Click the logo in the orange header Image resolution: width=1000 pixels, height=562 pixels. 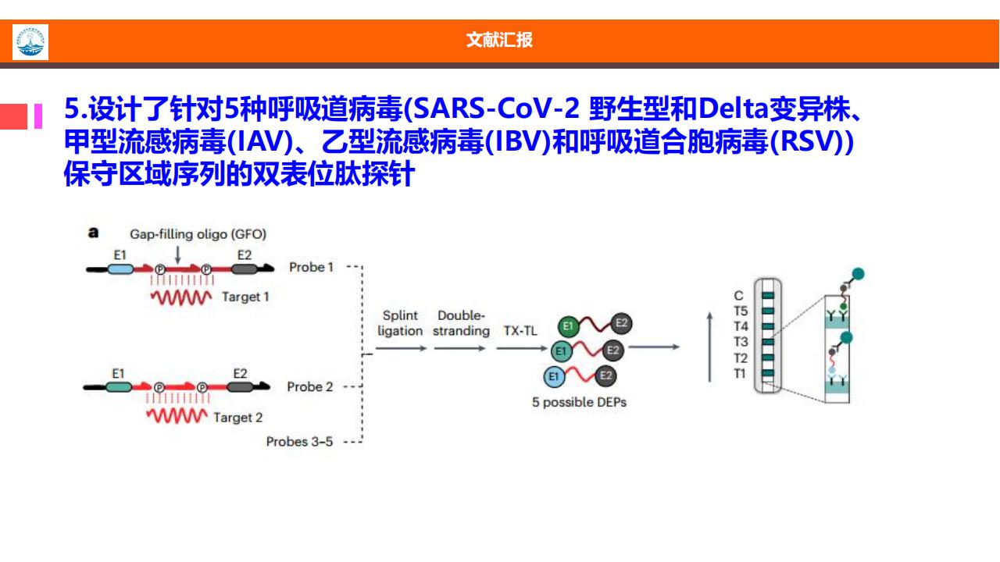tap(30, 42)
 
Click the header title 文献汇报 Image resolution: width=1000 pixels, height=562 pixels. tap(499, 40)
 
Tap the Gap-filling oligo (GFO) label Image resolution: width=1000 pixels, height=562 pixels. tap(198, 234)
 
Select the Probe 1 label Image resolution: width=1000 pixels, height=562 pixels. tap(311, 267)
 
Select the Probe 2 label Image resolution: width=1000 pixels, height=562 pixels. tap(310, 386)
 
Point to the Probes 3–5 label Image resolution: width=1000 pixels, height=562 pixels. tap(299, 442)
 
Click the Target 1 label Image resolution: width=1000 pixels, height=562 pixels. tap(245, 297)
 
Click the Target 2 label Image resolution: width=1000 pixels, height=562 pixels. tap(238, 418)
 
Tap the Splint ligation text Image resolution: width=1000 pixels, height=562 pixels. tap(400, 323)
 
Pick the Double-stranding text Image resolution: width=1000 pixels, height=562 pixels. tap(461, 323)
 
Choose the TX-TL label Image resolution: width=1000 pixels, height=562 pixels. tap(520, 330)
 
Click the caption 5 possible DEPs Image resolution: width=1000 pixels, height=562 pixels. tap(579, 402)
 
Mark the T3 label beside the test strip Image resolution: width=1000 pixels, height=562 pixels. tap(741, 342)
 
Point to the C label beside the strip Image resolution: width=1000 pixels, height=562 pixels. tap(739, 296)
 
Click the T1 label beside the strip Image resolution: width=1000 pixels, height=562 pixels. tap(740, 373)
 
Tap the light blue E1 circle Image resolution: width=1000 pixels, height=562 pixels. tap(554, 376)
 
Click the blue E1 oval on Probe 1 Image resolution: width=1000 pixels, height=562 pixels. tap(120, 269)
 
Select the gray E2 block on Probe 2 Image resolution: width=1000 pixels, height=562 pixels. tap(240, 386)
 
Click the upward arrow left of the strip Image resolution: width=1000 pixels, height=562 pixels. tap(710, 347)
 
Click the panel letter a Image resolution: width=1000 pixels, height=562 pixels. tap(93, 233)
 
